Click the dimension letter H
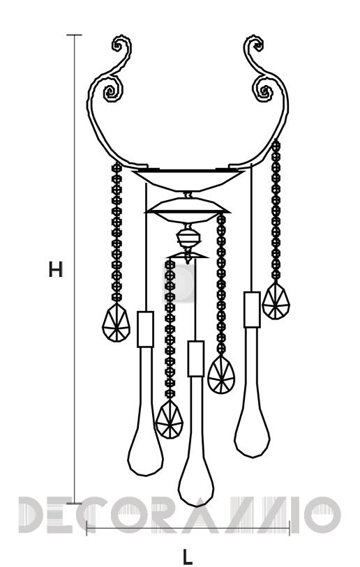point(56,269)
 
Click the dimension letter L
point(188,557)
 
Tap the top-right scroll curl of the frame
point(255,45)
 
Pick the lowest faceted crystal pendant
point(170,418)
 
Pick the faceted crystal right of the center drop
point(220,375)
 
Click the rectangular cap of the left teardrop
point(145,329)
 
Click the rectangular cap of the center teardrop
point(196,358)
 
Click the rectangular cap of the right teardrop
point(252,310)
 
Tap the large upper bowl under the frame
point(188,180)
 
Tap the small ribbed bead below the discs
point(188,239)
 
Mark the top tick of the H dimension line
point(75,35)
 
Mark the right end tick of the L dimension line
point(289,528)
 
